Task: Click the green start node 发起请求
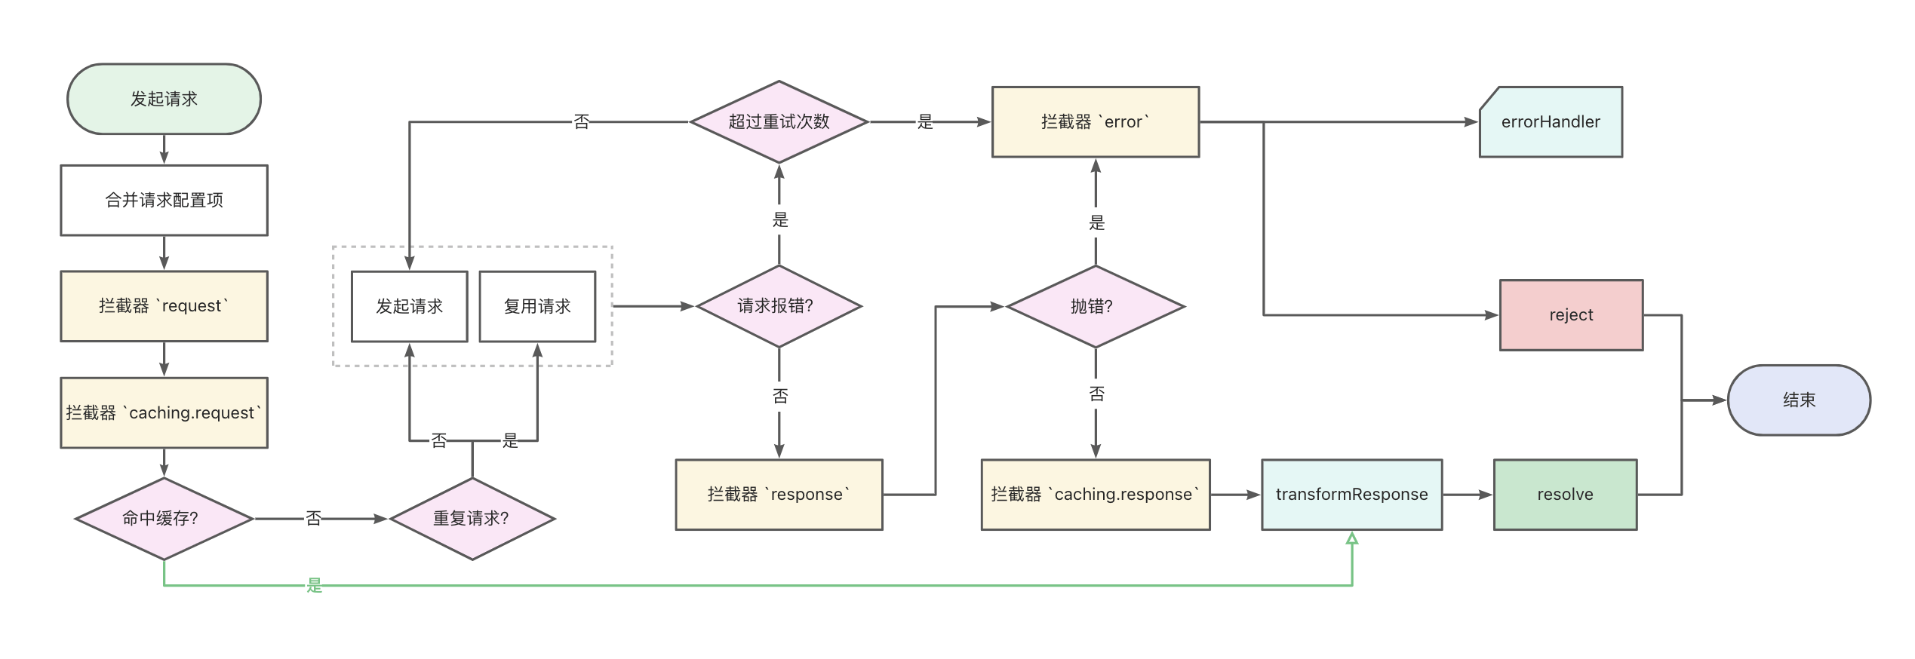[164, 99]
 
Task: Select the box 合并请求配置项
[164, 200]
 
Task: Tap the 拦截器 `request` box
[164, 306]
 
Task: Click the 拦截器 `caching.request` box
[164, 412]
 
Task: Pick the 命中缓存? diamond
[164, 519]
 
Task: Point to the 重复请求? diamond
[472, 519]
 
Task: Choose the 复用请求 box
[537, 306]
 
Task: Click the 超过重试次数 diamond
[779, 121]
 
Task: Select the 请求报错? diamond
[779, 306]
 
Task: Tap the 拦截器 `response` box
[779, 495]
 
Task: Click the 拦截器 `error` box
[1095, 121]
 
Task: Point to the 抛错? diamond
[1095, 306]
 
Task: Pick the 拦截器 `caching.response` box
[1095, 495]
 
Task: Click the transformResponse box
[1351, 495]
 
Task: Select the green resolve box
[1565, 495]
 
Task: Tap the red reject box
[1571, 315]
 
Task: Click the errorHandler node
[1551, 121]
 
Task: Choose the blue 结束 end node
[1799, 400]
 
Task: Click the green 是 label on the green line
[315, 585]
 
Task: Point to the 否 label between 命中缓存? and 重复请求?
[314, 519]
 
